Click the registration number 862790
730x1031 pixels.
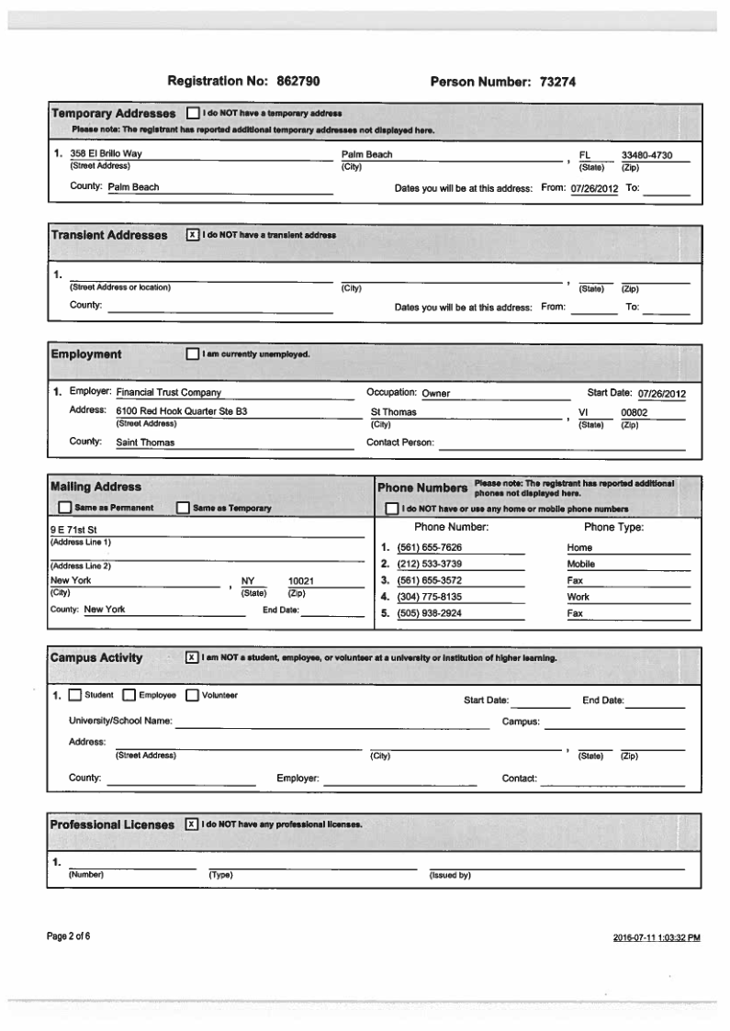pos(291,83)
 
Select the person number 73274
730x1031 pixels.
pos(553,83)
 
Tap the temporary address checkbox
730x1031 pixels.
pos(192,114)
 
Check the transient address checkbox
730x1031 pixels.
pos(192,235)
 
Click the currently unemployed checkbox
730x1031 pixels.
pos(192,353)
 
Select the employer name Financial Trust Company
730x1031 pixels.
pos(168,393)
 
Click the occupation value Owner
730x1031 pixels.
pos(436,394)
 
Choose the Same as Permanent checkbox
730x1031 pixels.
pos(64,508)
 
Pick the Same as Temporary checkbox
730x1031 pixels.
pos(182,508)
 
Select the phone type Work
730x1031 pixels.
pos(578,598)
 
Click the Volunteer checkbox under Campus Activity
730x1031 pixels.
pos(193,695)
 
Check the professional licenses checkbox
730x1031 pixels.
pos(192,824)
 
